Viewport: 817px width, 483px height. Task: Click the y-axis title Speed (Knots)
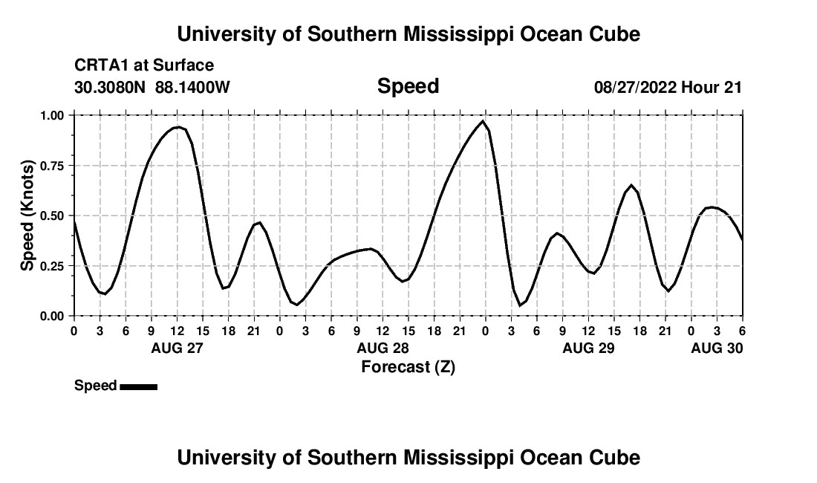click(27, 215)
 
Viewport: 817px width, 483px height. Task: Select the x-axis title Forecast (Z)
click(408, 366)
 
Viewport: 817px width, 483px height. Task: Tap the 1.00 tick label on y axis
click(52, 116)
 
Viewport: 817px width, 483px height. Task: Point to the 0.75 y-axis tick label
click(52, 166)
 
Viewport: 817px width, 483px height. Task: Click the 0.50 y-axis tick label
click(52, 216)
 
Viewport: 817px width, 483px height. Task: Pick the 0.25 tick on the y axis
click(52, 266)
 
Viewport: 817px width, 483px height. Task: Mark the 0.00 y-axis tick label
click(52, 317)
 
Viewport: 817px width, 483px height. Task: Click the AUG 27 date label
click(177, 348)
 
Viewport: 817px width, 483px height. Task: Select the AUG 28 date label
click(383, 348)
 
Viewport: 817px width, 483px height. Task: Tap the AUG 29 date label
click(588, 348)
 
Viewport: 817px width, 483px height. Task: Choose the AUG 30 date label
click(717, 348)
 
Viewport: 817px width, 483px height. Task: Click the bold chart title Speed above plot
click(408, 86)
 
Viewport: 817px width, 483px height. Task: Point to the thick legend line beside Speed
click(138, 386)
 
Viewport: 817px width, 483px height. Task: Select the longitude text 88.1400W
click(193, 88)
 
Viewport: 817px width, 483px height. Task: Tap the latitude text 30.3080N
click(111, 88)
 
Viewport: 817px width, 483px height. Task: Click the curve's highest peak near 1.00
click(483, 120)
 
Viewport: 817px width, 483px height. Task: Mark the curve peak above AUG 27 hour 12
click(177, 127)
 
